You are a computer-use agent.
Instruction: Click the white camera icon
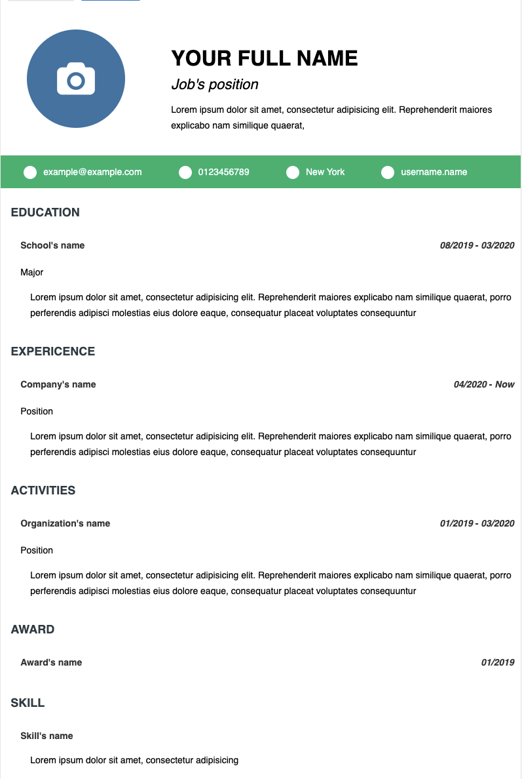[76, 79]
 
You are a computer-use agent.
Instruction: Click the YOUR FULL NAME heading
[265, 58]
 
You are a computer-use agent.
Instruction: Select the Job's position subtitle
[215, 85]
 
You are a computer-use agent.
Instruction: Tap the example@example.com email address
[92, 172]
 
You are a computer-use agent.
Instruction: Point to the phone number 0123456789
[223, 172]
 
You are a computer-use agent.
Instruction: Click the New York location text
[325, 172]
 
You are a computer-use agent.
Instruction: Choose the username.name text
[434, 172]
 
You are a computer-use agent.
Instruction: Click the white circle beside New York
[293, 172]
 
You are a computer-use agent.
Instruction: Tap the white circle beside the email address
[30, 172]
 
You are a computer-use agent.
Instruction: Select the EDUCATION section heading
[45, 212]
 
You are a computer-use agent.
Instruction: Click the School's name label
[52, 245]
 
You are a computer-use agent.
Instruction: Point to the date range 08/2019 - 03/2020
[477, 245]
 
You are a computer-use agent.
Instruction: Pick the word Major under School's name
[32, 272]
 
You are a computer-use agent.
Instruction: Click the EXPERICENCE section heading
[53, 351]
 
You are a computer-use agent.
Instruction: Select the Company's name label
[58, 384]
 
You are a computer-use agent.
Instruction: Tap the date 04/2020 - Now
[484, 384]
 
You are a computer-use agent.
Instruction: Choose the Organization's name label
[65, 523]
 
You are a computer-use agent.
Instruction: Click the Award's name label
[51, 662]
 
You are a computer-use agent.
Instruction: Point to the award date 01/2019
[498, 662]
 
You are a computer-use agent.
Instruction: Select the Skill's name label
[47, 736]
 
